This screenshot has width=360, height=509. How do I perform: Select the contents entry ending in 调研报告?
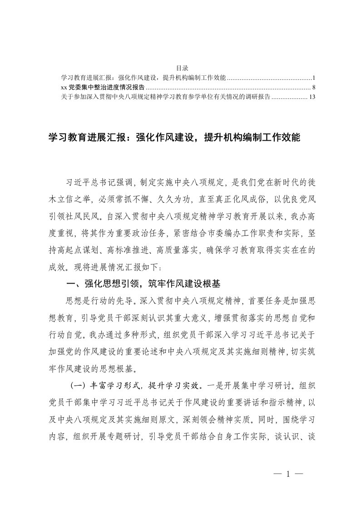point(166,97)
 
